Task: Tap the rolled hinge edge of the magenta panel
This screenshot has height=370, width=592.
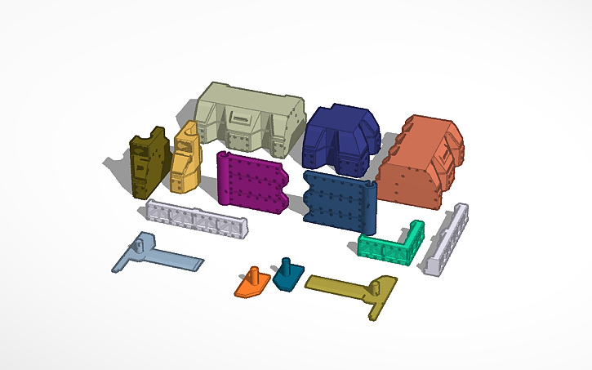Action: pyautogui.click(x=222, y=180)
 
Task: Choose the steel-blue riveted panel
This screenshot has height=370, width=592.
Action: pyautogui.click(x=335, y=199)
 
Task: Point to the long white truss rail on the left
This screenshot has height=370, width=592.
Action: pyautogui.click(x=196, y=219)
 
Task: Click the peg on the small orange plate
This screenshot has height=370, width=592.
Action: pyautogui.click(x=253, y=273)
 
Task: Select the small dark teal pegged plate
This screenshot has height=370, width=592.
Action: pyautogui.click(x=286, y=277)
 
